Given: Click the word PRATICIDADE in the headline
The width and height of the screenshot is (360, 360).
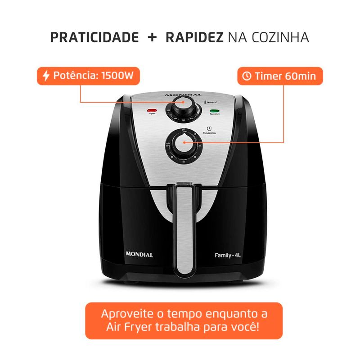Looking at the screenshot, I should click(94, 37).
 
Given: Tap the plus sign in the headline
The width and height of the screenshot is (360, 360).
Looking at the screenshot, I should click(152, 37).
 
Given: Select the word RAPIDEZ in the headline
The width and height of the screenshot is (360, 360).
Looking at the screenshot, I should click(194, 37).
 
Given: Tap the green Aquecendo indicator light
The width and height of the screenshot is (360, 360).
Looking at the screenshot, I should click(215, 110).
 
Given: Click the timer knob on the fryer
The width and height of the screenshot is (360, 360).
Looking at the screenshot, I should click(184, 145).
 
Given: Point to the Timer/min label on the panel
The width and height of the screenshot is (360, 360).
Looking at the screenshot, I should click(210, 133).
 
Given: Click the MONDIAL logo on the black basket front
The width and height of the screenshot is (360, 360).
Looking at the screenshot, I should click(139, 255).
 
